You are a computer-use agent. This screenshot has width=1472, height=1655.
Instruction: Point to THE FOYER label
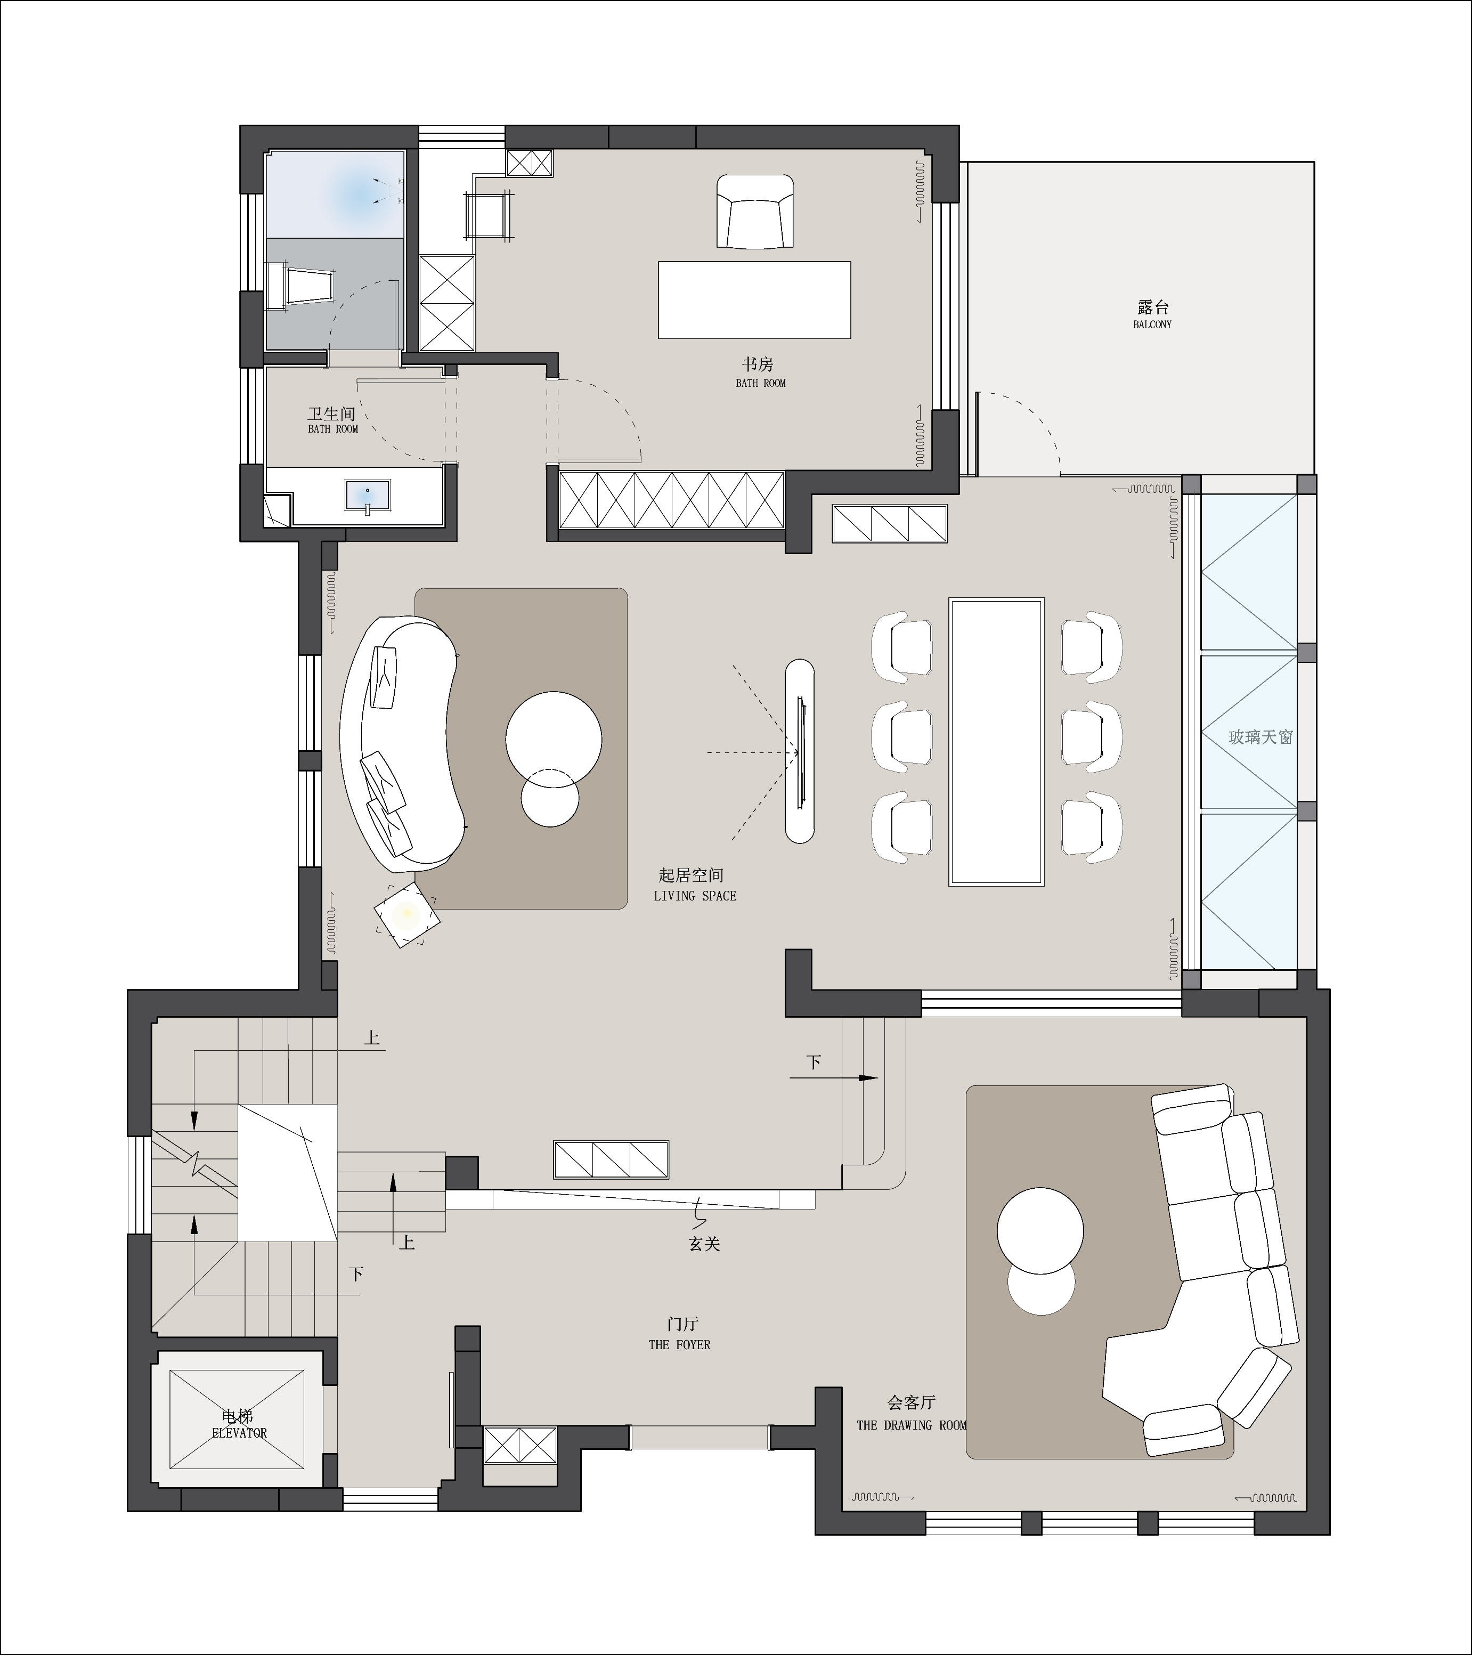pos(679,1345)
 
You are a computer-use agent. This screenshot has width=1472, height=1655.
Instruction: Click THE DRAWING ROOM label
pos(912,1425)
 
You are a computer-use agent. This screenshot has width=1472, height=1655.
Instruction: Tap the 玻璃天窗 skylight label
pos(1260,737)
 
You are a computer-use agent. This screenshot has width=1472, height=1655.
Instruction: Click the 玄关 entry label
pos(704,1244)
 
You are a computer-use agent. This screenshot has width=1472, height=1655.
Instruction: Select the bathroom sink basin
pos(368,494)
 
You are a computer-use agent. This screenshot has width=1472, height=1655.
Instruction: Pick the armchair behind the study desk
pos(754,212)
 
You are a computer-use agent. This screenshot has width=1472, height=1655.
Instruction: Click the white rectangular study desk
pos(754,299)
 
